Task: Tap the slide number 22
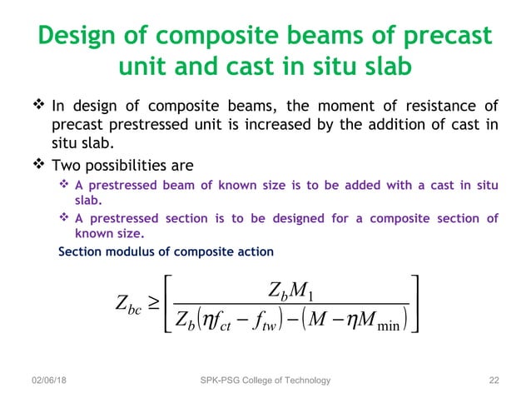(x=494, y=381)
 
